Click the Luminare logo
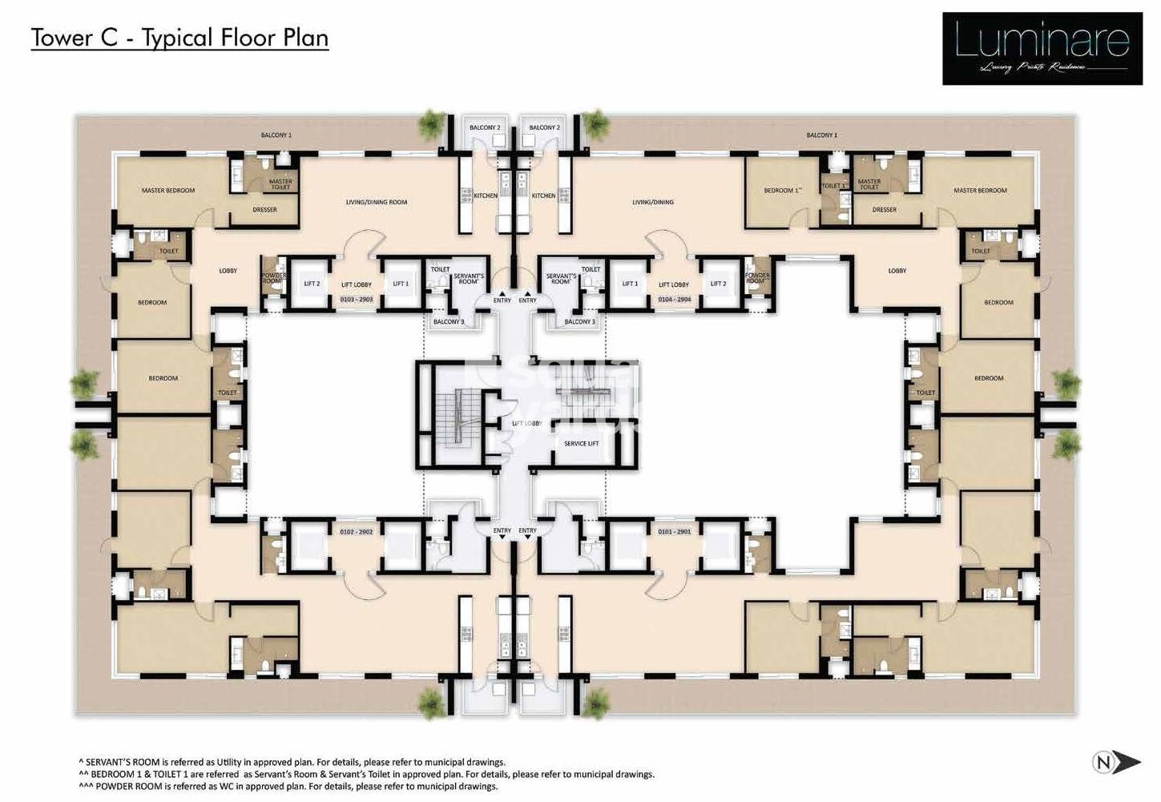pyautogui.click(x=1042, y=48)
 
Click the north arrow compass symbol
pyautogui.click(x=1116, y=762)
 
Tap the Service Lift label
pyautogui.click(x=581, y=443)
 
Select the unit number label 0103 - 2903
pyautogui.click(x=356, y=299)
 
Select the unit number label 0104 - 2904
pyautogui.click(x=674, y=299)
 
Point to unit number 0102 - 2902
pyautogui.click(x=356, y=532)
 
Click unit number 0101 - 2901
pyautogui.click(x=674, y=532)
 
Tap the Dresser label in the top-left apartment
pyautogui.click(x=264, y=210)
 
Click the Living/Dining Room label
pyautogui.click(x=377, y=202)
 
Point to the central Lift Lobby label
pyautogui.click(x=526, y=423)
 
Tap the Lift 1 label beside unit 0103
pyautogui.click(x=401, y=284)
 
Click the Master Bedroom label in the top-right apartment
pyautogui.click(x=980, y=191)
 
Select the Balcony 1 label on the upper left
pyautogui.click(x=276, y=135)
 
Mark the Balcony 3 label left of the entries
pyautogui.click(x=449, y=321)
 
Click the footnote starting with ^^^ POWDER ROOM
pyautogui.click(x=288, y=786)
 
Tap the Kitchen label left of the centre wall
pyautogui.click(x=486, y=195)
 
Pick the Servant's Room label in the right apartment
pyautogui.click(x=561, y=279)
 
